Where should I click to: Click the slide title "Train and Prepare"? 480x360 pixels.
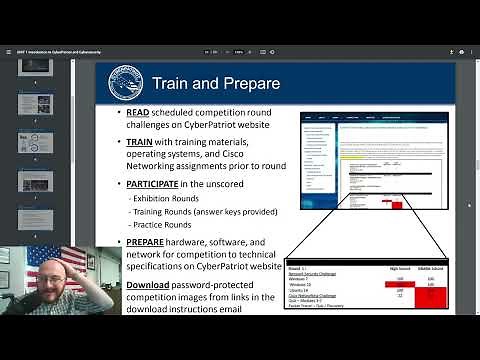click(x=209, y=82)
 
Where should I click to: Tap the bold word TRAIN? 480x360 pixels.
click(x=139, y=142)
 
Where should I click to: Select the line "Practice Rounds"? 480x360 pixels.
click(x=161, y=224)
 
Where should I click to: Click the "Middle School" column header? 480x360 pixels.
click(x=433, y=269)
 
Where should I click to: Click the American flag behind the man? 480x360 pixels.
click(x=45, y=265)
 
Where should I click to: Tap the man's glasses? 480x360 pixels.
click(x=61, y=282)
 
